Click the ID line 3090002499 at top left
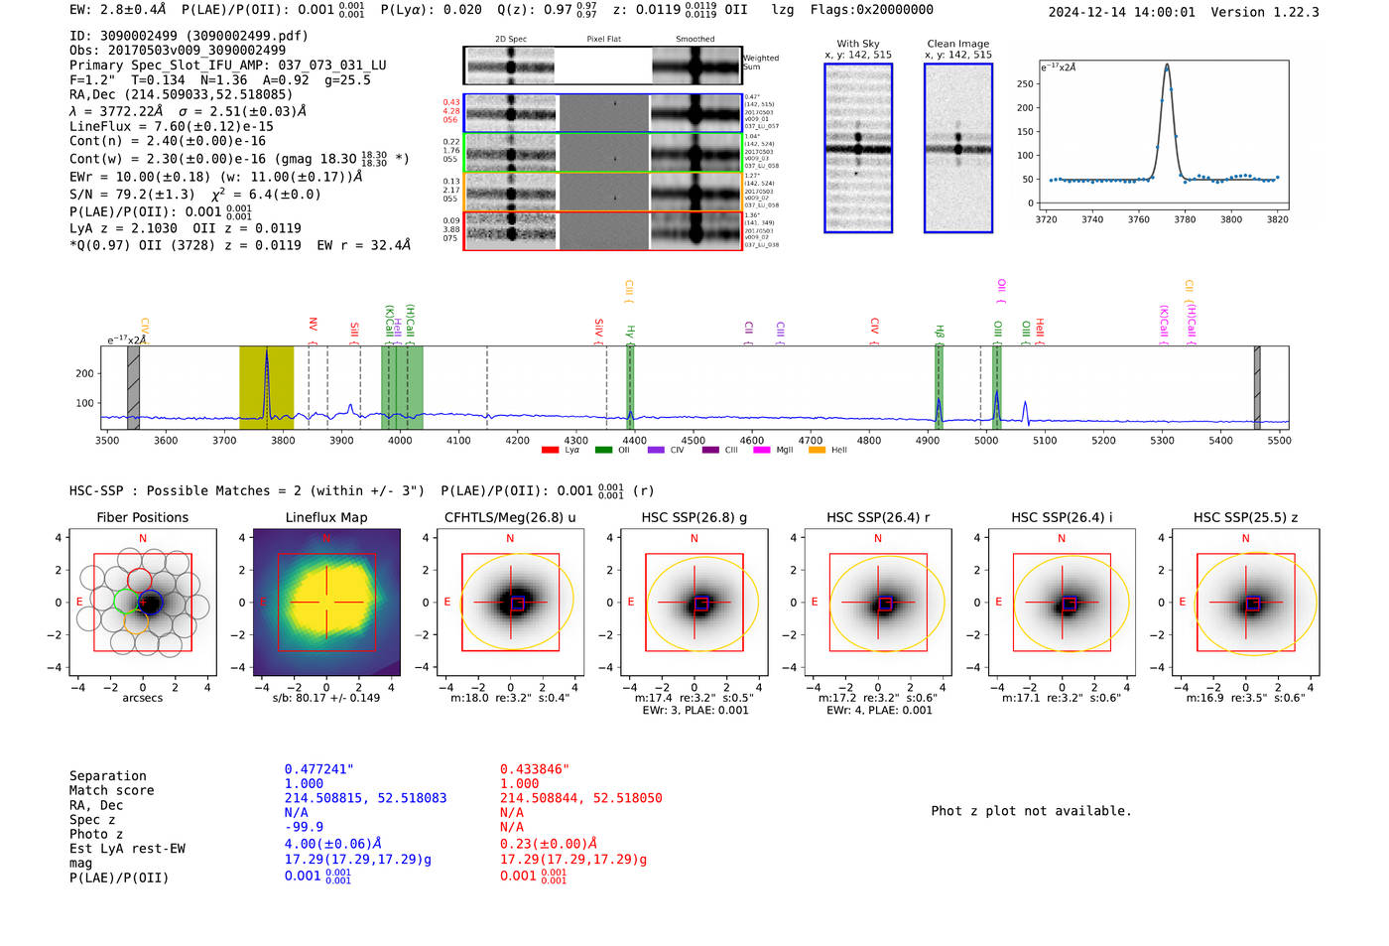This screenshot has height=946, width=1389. point(189,36)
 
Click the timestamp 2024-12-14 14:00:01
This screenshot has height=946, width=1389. point(1121,12)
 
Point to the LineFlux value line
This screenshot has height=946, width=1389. point(171,126)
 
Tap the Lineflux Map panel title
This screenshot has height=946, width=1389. point(325,517)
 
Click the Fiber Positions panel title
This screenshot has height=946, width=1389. point(142,517)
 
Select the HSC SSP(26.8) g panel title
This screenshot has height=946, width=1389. point(694,517)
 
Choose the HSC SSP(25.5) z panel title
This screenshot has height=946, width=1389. point(1245,517)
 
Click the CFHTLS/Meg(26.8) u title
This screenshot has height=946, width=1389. point(510,517)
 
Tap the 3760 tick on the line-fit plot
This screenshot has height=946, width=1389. point(1138,219)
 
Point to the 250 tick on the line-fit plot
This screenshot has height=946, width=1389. point(1025,84)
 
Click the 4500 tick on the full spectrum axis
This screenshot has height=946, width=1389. point(693,441)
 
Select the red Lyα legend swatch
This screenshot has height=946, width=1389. point(550,451)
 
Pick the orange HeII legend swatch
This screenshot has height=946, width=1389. point(817,451)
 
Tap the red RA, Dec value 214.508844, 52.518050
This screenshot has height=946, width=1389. point(580,798)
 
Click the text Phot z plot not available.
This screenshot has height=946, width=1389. point(1031,811)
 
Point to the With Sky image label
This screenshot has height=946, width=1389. point(858,44)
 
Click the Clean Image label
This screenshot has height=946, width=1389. point(957,44)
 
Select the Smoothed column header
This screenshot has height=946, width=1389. point(694,40)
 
